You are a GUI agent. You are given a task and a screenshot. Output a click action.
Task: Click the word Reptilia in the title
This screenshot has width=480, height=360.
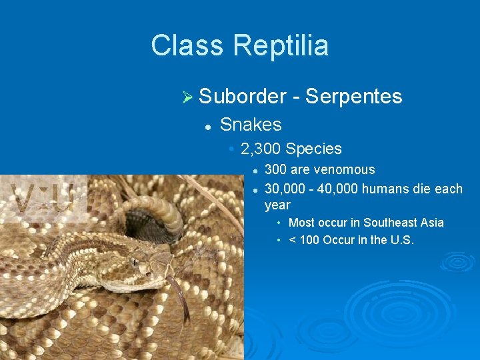pyautogui.click(x=281, y=46)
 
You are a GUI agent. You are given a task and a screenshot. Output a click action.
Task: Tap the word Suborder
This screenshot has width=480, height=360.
pyautogui.click(x=242, y=97)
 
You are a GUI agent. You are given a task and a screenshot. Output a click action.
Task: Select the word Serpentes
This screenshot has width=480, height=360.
pyautogui.click(x=353, y=97)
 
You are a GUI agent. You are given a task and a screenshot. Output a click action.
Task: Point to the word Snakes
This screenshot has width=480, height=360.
pyautogui.click(x=251, y=125)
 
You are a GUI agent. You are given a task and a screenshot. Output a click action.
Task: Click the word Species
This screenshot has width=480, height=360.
pyautogui.click(x=316, y=149)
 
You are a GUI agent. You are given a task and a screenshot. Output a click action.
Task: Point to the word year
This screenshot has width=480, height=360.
pyautogui.click(x=277, y=205)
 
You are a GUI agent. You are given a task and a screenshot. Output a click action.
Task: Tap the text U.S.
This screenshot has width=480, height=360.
pyautogui.click(x=400, y=240)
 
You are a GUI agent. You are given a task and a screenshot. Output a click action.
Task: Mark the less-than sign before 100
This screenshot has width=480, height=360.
pyautogui.click(x=292, y=240)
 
